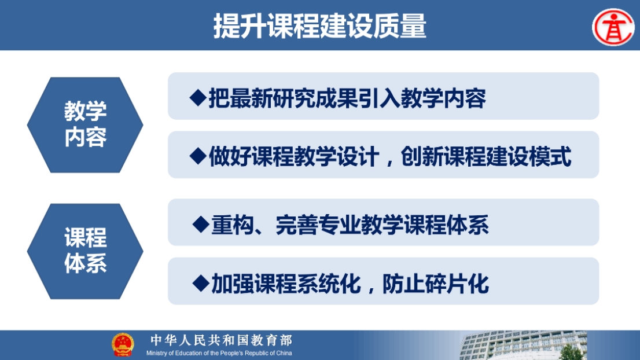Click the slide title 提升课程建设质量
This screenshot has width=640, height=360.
pyautogui.click(x=319, y=25)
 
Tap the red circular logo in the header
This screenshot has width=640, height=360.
pyautogui.click(x=613, y=27)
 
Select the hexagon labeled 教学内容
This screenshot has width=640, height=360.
pyautogui.click(x=85, y=124)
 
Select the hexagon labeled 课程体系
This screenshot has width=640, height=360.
pyautogui.click(x=85, y=251)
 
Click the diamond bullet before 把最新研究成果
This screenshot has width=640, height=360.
pyautogui.click(x=198, y=98)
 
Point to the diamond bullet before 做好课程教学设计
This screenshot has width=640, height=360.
pyautogui.click(x=198, y=156)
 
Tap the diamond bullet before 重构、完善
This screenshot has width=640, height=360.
pyautogui.click(x=201, y=225)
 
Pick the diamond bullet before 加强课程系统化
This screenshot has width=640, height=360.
pyautogui.click(x=201, y=283)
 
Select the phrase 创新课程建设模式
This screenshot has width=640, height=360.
pyautogui.click(x=485, y=157)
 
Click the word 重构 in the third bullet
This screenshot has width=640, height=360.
pyautogui.click(x=233, y=225)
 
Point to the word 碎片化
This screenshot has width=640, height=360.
pyautogui.click(x=457, y=284)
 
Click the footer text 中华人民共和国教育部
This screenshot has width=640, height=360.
pyautogui.click(x=221, y=340)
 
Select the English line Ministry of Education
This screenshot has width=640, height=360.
pyautogui.click(x=219, y=353)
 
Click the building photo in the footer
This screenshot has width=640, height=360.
pyautogui.click(x=523, y=346)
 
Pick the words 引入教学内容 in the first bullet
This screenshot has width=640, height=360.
pyautogui.click(x=422, y=98)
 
